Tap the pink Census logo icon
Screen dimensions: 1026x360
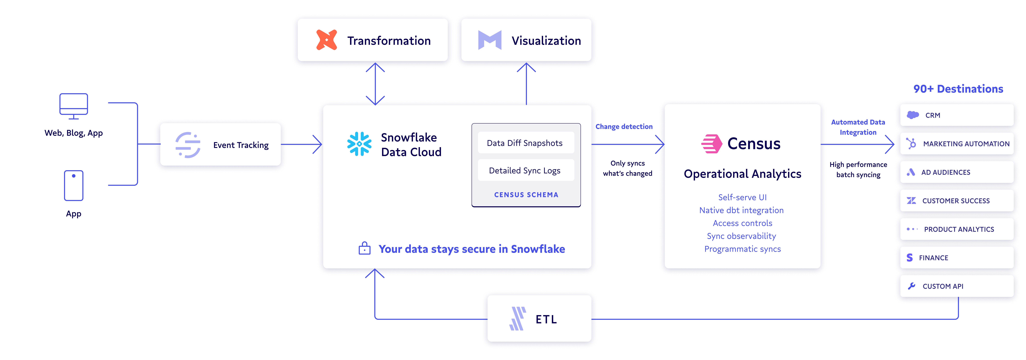pos(711,144)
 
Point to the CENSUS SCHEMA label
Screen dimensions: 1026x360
pos(526,195)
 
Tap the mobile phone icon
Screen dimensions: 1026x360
pos(74,186)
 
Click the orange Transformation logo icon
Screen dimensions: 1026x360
pos(327,40)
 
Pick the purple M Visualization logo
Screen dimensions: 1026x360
pos(489,40)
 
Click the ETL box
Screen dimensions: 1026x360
pos(539,319)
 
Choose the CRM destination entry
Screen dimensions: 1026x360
pos(957,115)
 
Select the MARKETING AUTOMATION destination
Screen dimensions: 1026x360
pos(957,144)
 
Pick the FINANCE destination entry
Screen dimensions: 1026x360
pos(957,258)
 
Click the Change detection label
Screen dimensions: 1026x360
pos(624,127)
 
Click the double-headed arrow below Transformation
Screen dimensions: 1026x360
pos(375,84)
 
